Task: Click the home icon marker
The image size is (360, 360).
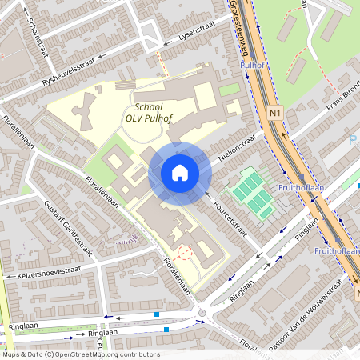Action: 180,173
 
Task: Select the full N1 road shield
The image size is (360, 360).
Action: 275,113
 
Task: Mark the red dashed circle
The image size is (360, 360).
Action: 185,253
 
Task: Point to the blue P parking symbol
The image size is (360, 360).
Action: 354,140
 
